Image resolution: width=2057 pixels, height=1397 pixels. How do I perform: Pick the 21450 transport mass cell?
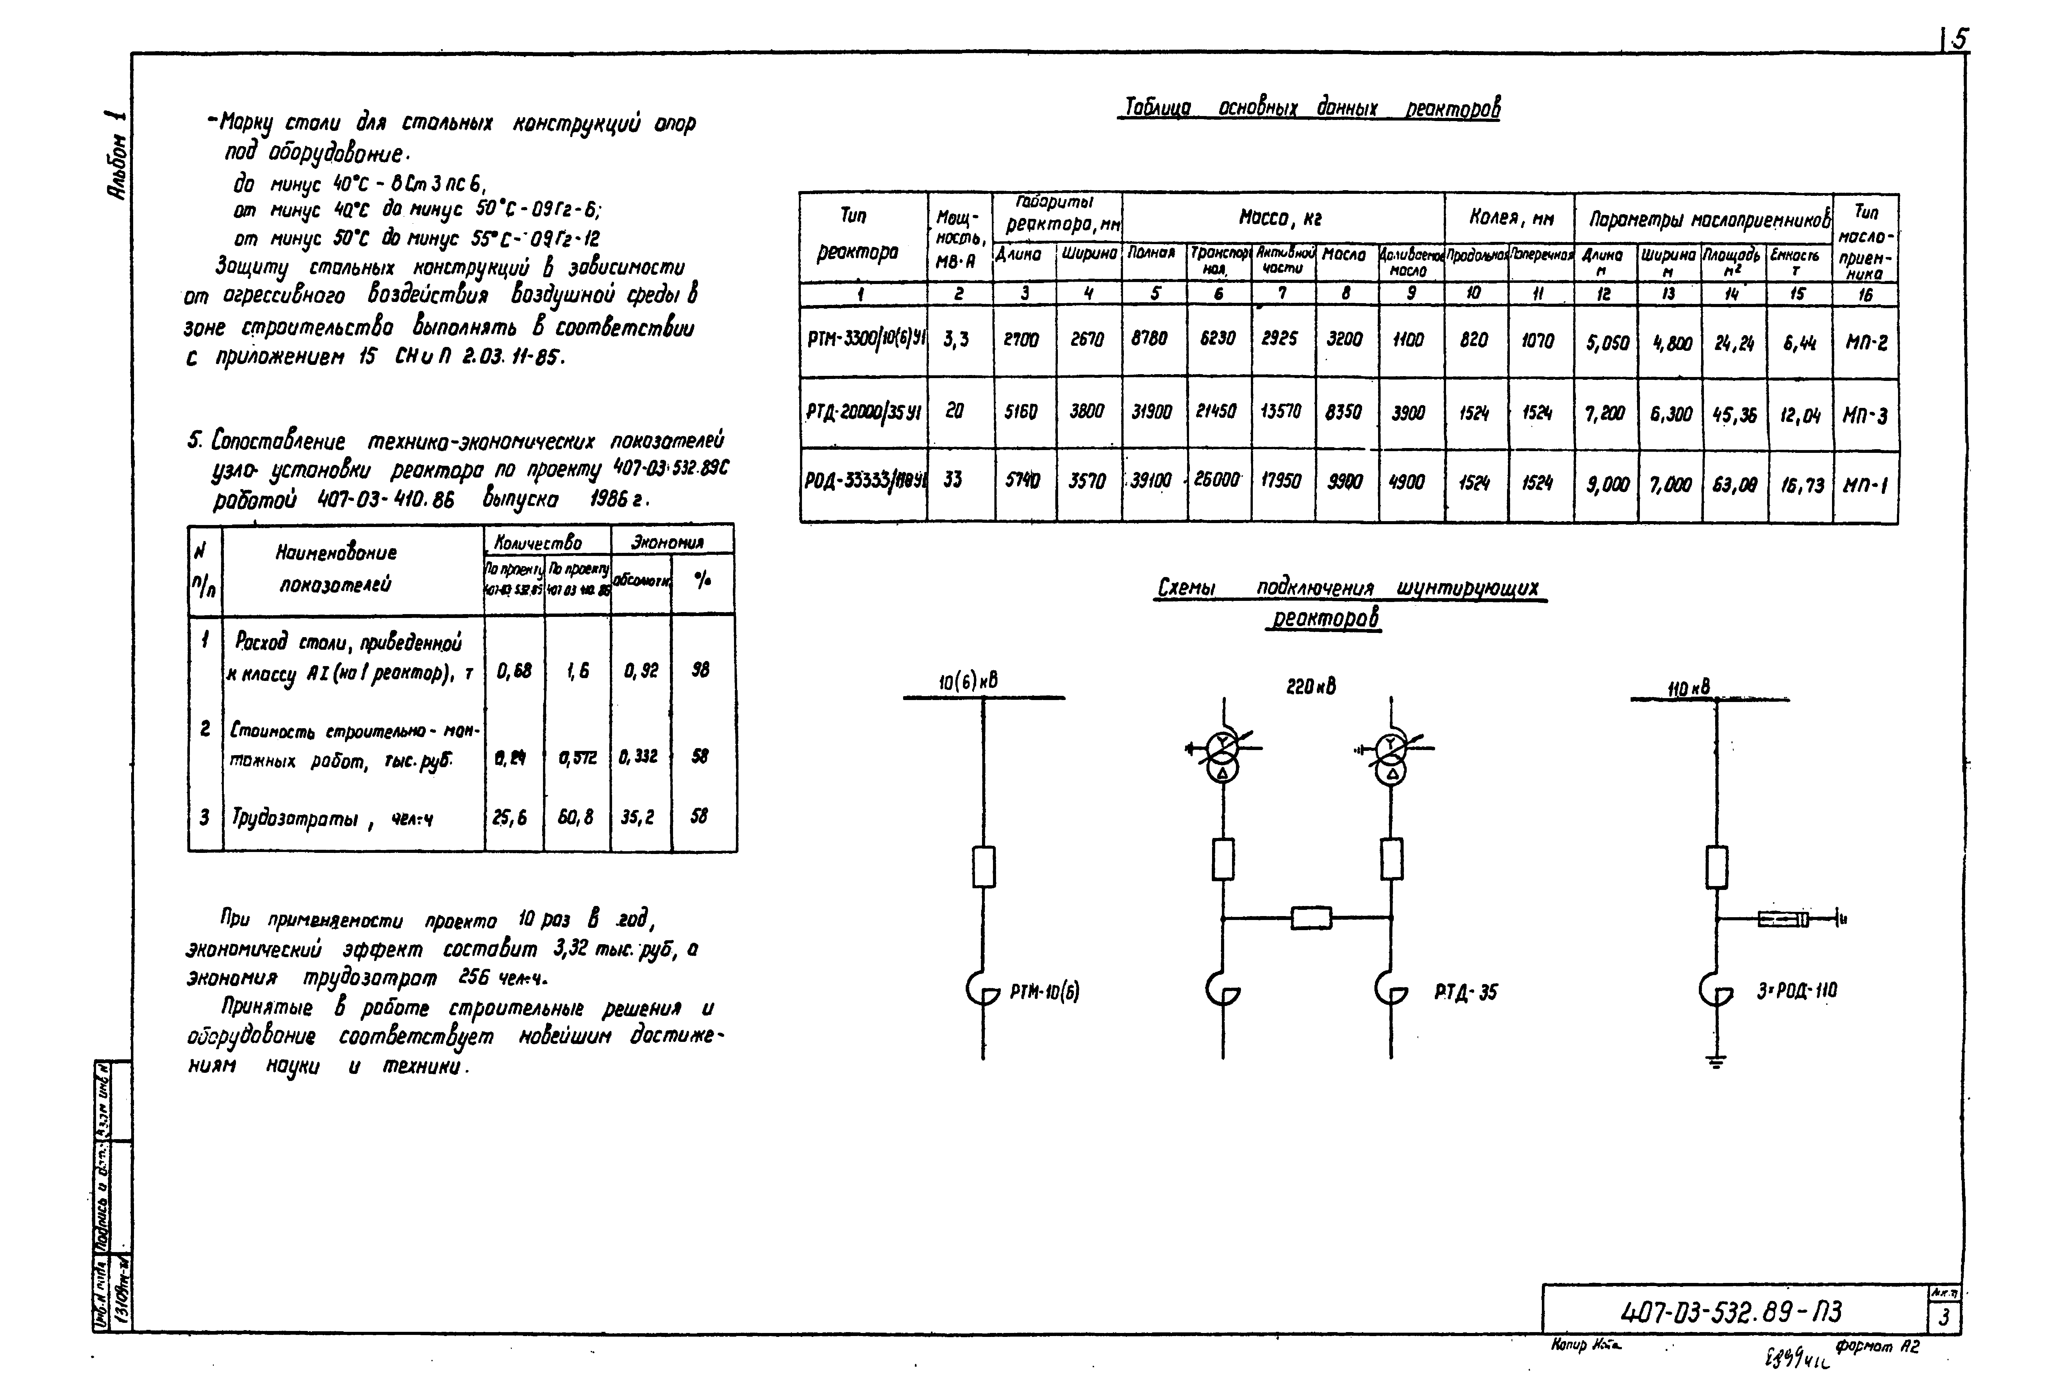[1217, 412]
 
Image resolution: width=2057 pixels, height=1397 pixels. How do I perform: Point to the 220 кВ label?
[1311, 686]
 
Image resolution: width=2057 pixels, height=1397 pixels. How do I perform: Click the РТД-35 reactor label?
[1466, 992]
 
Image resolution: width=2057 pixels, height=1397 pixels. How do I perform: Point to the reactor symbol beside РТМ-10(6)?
[981, 990]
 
